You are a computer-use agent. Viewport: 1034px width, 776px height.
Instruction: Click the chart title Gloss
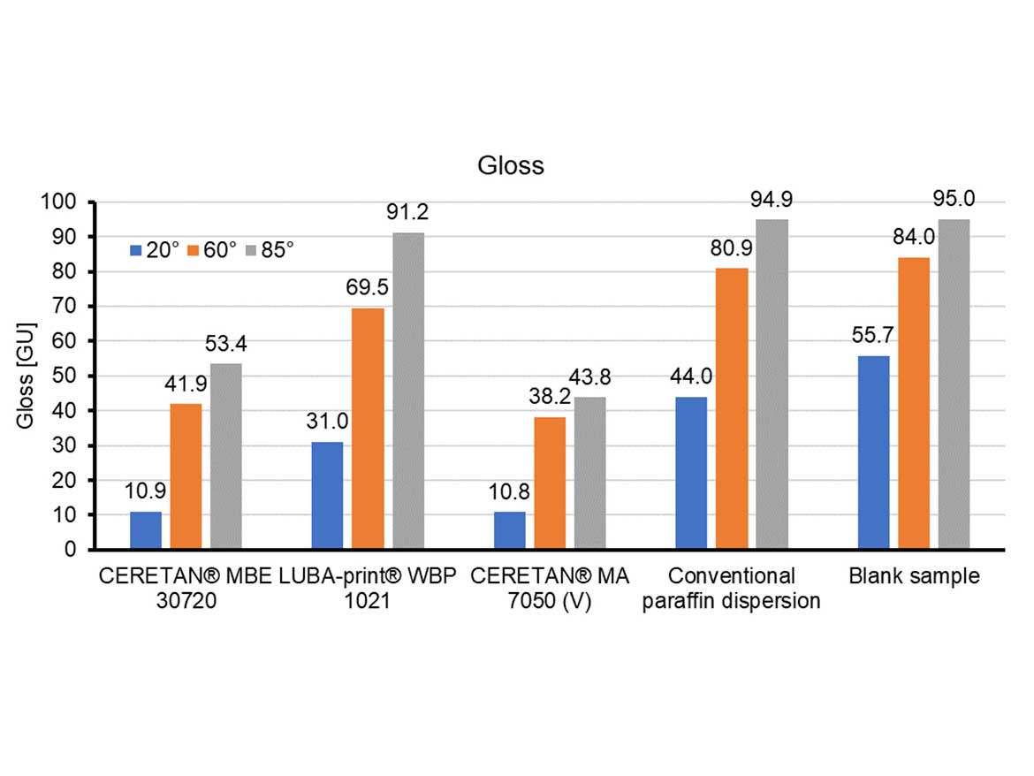(511, 166)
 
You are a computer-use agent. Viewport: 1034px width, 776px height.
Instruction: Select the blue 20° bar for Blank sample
(874, 452)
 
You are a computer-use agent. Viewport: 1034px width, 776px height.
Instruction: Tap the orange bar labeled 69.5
(368, 428)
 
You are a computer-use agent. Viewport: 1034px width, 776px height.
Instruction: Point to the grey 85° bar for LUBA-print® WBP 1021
(408, 391)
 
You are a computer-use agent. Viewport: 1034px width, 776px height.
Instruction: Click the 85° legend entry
(270, 250)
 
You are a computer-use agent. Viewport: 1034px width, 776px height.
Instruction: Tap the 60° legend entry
(212, 250)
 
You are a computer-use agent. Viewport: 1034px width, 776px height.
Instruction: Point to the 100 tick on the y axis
(65, 202)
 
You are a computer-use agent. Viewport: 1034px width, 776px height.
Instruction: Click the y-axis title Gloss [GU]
(27, 376)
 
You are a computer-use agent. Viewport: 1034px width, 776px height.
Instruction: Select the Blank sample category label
(914, 577)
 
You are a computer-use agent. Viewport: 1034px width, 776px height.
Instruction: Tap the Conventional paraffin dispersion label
(731, 589)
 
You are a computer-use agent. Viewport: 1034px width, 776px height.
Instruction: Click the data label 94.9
(772, 200)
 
